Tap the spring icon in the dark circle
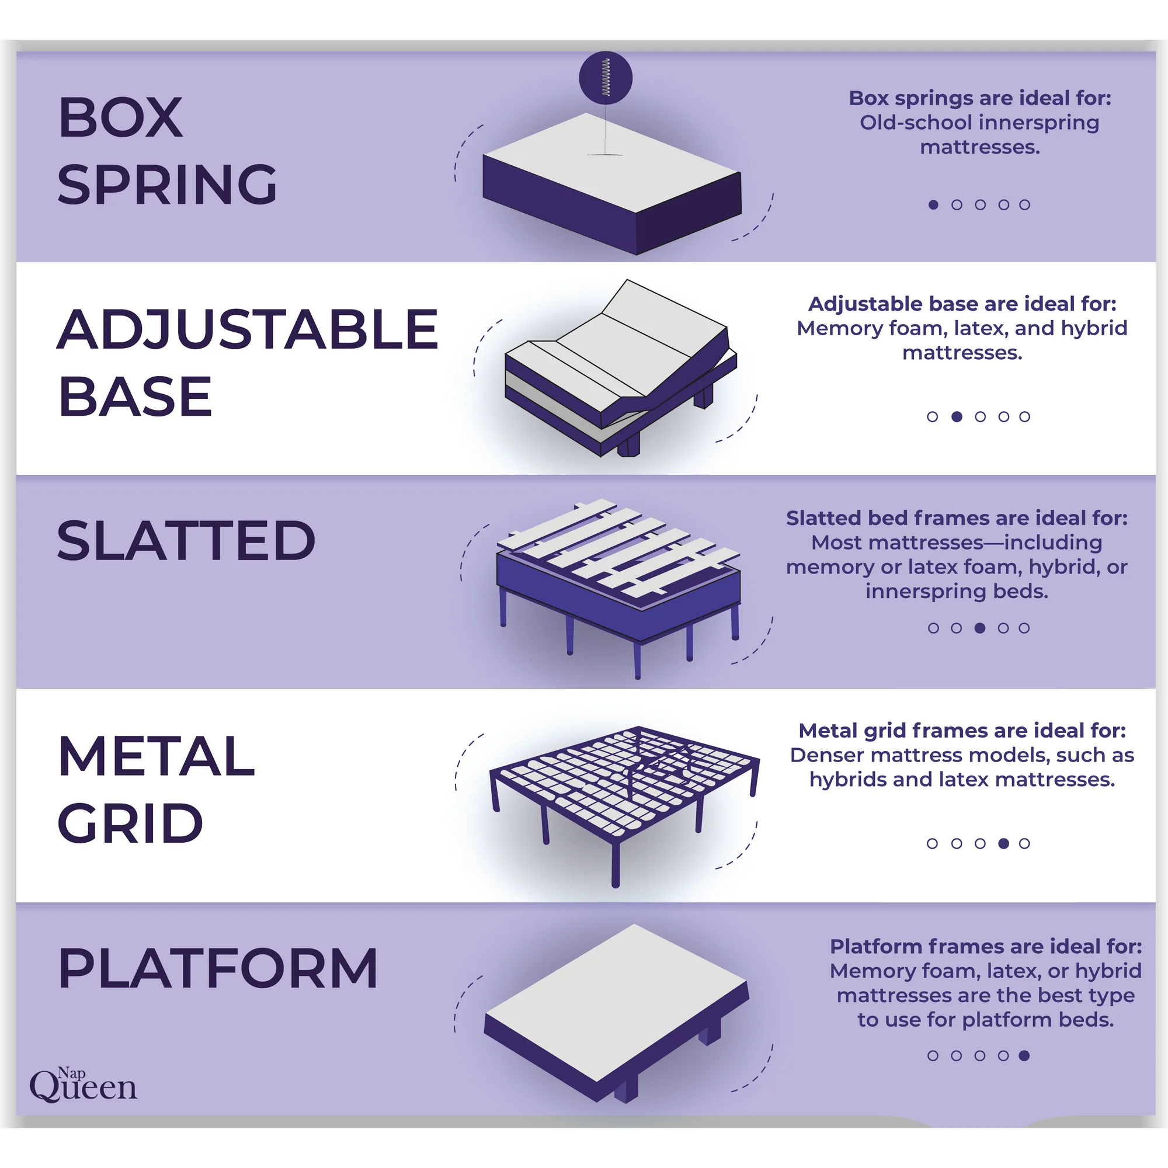[605, 78]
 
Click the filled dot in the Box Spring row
[933, 205]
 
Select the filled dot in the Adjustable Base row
[957, 416]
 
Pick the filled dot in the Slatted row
[980, 628]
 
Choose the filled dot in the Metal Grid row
[1003, 843]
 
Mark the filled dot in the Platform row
[1024, 1055]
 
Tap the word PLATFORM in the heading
[218, 968]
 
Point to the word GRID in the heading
[130, 823]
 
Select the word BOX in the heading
[121, 117]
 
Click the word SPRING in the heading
[168, 185]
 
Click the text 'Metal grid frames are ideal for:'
[962, 731]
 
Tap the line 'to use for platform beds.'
[985, 1020]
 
